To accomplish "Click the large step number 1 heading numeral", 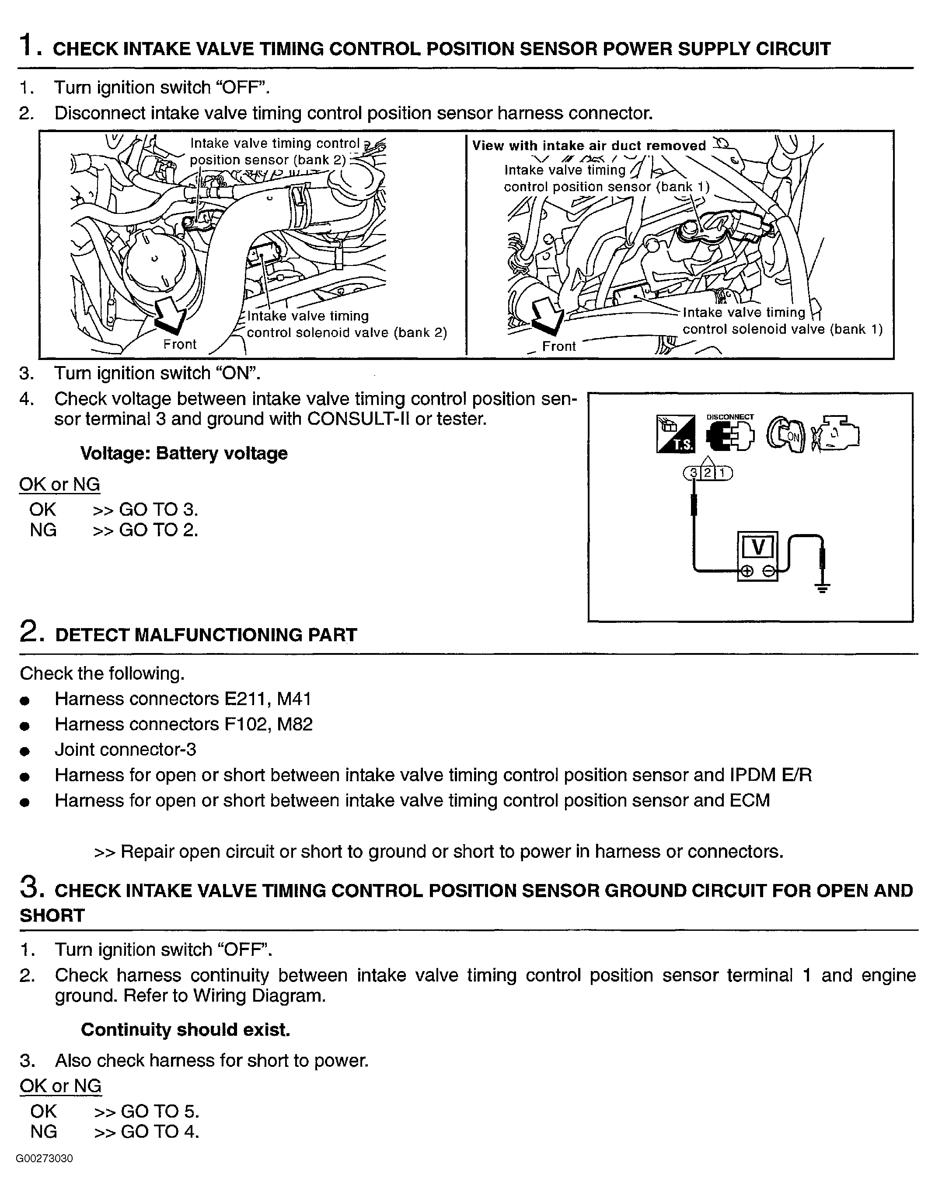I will [x=28, y=45].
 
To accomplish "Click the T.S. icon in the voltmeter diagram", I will [x=674, y=434].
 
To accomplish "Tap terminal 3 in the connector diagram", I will [x=694, y=472].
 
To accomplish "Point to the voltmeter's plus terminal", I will [x=746, y=572].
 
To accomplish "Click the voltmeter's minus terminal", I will [x=768, y=572].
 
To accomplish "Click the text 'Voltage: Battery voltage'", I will [x=184, y=453].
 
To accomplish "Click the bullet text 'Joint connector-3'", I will [x=126, y=749].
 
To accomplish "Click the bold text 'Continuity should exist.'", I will [x=185, y=1030].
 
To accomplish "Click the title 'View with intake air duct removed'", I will [x=589, y=146].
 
